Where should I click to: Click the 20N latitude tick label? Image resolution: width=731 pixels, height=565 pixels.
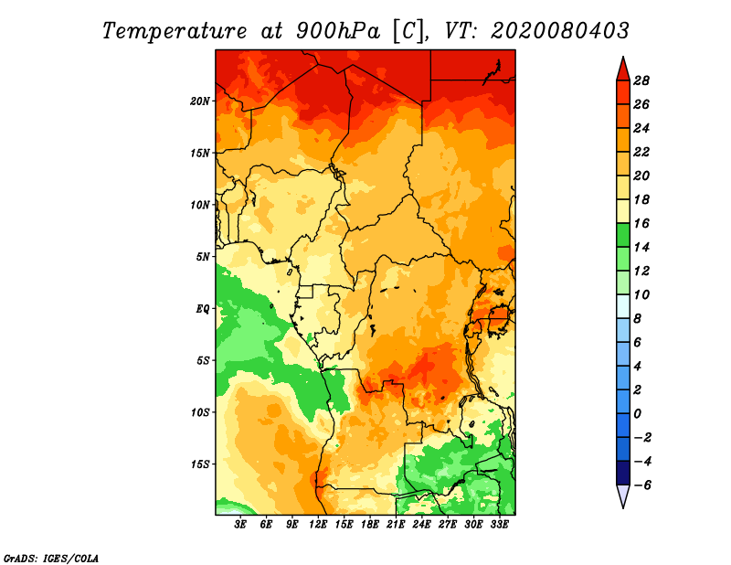[x=200, y=101]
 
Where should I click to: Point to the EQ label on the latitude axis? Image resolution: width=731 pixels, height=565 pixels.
[x=203, y=309]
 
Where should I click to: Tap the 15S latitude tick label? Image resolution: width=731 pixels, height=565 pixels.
[x=200, y=464]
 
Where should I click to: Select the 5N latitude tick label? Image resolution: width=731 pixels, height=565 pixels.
[x=203, y=257]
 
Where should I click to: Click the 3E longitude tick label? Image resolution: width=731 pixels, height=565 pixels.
[x=240, y=525]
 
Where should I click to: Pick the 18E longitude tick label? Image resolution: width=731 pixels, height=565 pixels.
[x=370, y=525]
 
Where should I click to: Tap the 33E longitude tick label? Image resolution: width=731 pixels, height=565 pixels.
[x=499, y=525]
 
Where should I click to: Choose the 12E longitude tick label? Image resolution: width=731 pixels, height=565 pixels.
[x=318, y=525]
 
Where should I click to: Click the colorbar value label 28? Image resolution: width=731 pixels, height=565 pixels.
[x=641, y=80]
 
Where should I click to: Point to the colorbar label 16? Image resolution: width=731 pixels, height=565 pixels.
[x=641, y=223]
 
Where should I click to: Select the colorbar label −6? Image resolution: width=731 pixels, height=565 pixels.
[x=642, y=485]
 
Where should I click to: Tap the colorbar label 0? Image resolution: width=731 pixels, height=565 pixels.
[x=637, y=414]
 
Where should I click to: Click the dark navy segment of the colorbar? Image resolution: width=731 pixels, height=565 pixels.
[x=623, y=473]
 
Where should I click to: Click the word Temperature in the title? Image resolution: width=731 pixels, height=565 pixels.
[x=175, y=31]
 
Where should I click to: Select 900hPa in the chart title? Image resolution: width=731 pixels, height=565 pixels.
[x=338, y=31]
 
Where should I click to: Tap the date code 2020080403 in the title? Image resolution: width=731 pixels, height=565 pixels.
[x=560, y=31]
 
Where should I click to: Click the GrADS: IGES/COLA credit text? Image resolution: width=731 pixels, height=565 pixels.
[x=51, y=558]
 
